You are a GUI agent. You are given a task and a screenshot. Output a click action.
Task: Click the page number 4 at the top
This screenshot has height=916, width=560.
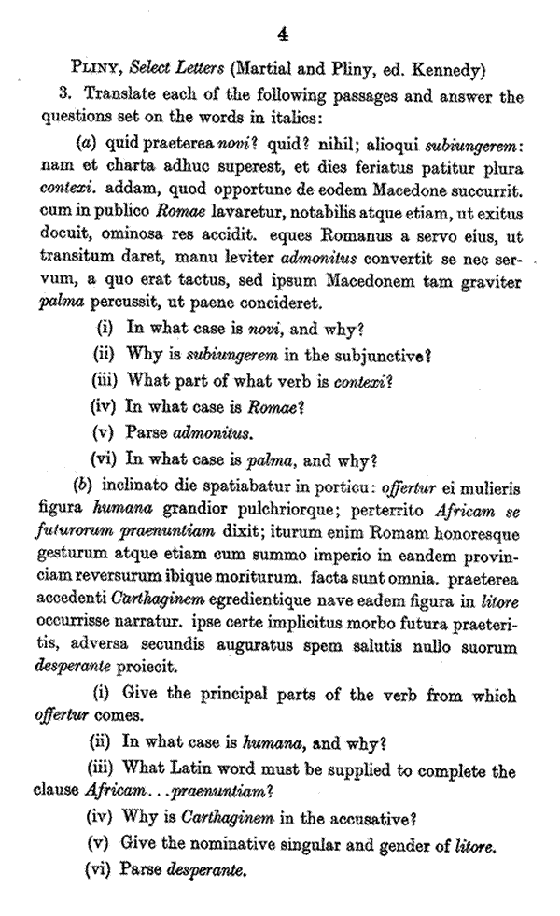pos(283,35)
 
